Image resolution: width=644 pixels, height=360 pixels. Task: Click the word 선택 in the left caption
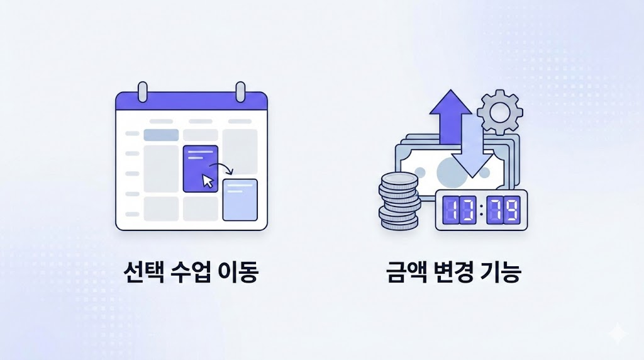[x=141, y=274]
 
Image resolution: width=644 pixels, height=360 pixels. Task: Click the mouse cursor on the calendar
[x=208, y=181]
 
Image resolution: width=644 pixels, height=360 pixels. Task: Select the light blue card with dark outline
[x=240, y=200]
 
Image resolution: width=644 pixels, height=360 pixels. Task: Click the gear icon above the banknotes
[x=499, y=112]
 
